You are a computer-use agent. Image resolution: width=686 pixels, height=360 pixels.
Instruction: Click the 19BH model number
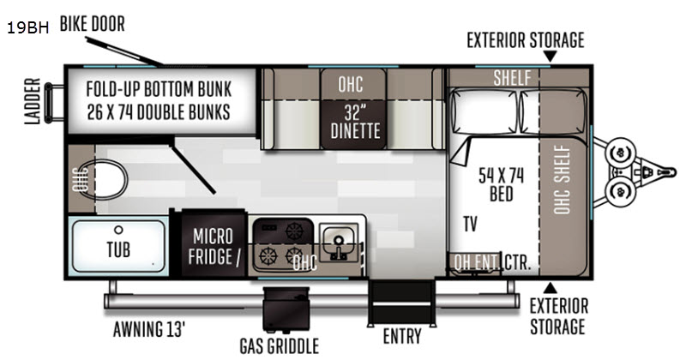(27, 28)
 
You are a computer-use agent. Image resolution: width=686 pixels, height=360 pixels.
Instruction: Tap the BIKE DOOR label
(92, 24)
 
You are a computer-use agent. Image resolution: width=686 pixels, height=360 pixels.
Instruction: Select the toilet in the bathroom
(111, 179)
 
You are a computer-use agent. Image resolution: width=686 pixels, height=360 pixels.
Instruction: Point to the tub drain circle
(118, 230)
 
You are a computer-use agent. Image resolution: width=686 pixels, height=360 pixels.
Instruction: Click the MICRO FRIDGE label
(214, 247)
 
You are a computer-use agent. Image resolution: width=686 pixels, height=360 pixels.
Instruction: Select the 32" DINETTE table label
(355, 122)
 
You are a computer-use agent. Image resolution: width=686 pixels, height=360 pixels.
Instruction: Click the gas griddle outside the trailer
(286, 309)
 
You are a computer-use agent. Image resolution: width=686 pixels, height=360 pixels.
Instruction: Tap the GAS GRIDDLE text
(280, 346)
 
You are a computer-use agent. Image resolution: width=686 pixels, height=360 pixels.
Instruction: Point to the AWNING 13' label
(149, 329)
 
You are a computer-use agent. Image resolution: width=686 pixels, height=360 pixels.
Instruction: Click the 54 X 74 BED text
(501, 184)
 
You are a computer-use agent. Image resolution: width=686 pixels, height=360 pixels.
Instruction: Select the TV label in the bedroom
(470, 224)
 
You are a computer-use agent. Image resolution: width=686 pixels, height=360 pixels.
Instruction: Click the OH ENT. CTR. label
(492, 262)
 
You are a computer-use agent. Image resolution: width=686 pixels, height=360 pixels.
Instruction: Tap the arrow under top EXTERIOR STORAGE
(550, 56)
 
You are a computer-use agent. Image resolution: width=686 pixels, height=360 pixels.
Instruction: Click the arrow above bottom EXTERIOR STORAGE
(550, 288)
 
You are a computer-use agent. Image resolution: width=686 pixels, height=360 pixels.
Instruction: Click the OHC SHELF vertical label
(563, 180)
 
